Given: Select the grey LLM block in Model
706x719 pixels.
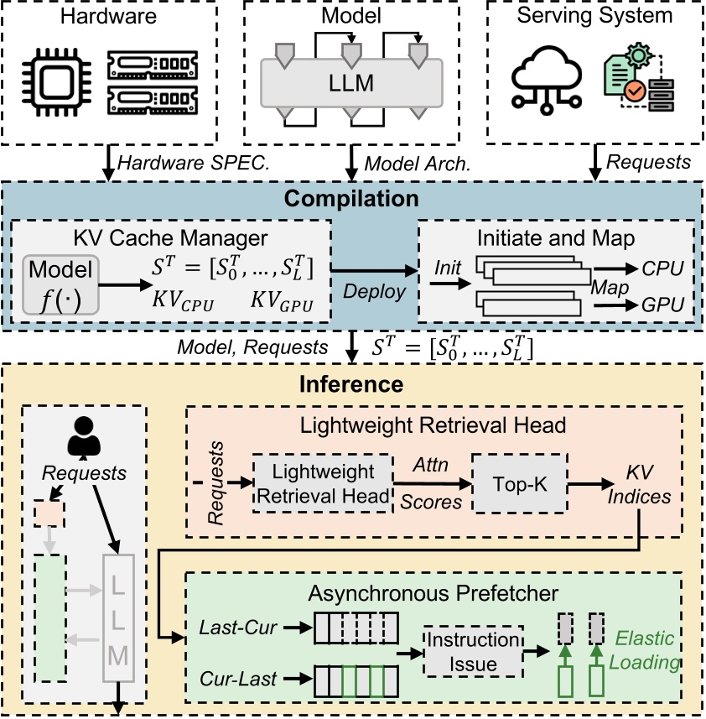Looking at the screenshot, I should (353, 84).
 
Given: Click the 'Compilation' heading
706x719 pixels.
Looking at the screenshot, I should (352, 199).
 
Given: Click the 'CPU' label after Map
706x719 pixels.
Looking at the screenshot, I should (662, 268).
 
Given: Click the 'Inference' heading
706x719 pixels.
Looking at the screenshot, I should (353, 385).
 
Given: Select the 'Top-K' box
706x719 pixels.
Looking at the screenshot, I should (519, 483).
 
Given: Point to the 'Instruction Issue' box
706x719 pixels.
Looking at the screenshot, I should (473, 651).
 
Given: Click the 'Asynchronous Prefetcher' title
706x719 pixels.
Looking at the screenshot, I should (433, 594).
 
